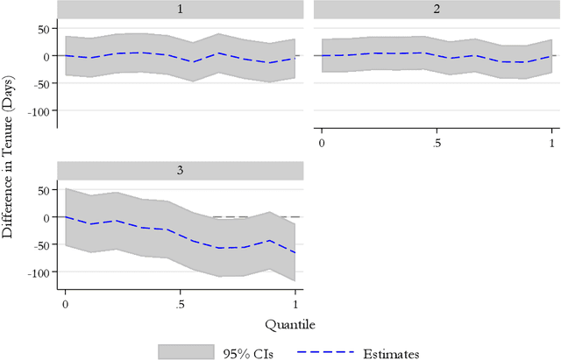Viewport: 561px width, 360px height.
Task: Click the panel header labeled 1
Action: point(180,9)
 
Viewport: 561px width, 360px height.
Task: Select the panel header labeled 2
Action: point(437,9)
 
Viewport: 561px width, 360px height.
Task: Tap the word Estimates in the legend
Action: point(392,352)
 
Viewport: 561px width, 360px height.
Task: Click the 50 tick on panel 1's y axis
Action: point(41,28)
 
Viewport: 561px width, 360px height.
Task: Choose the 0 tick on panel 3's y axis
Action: point(46,216)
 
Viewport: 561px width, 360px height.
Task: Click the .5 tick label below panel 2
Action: point(437,143)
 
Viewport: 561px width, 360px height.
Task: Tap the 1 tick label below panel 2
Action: point(552,143)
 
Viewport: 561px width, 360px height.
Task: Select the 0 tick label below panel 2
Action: point(322,143)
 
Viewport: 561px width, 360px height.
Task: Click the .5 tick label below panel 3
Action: point(180,303)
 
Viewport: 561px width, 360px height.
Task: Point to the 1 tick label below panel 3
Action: point(295,303)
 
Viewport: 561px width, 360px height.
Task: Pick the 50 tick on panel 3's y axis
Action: point(41,188)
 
